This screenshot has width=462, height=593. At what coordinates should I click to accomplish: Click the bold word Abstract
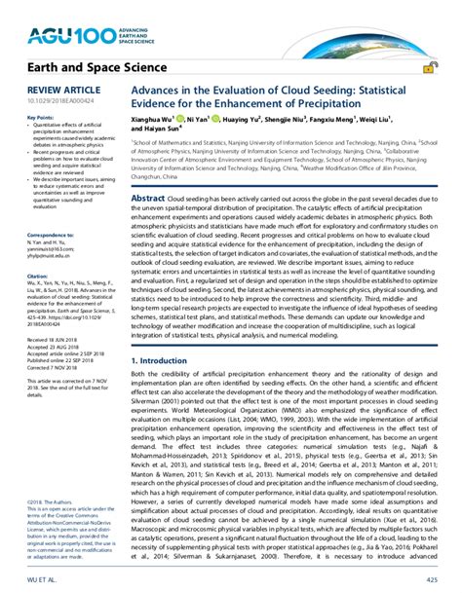[x=147, y=198]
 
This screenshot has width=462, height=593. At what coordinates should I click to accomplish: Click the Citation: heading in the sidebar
[x=23, y=274]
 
